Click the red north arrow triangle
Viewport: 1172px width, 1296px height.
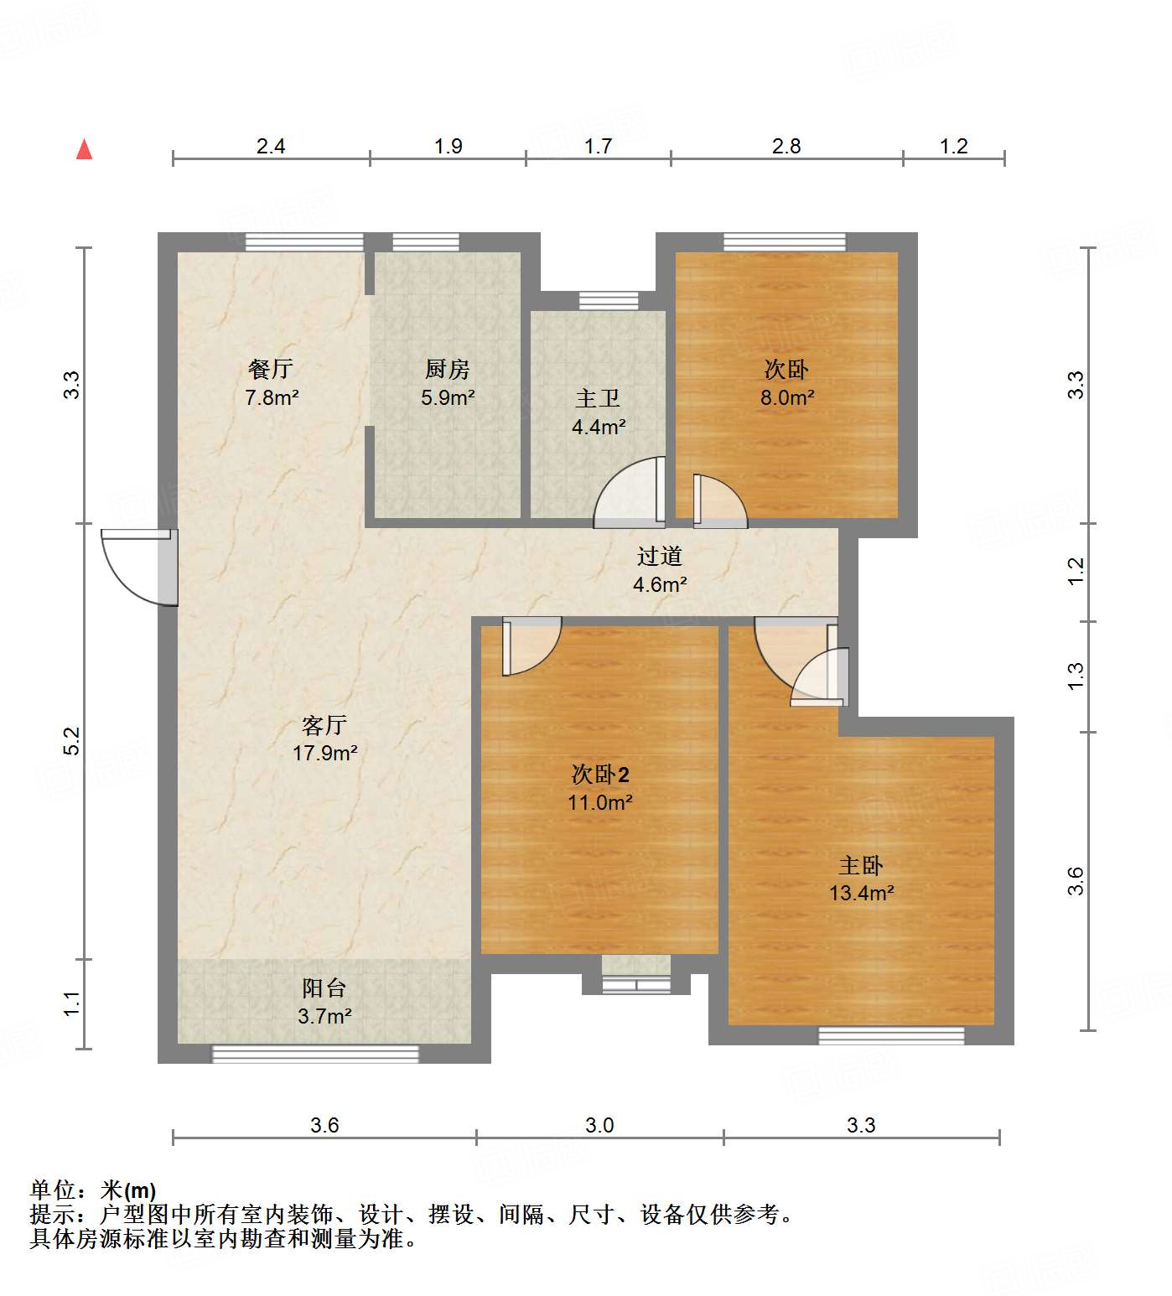[x=84, y=150]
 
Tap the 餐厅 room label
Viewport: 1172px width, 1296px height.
[x=271, y=369]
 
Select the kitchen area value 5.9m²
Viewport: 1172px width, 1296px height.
[x=448, y=397]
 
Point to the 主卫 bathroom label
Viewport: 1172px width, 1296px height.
[x=598, y=398]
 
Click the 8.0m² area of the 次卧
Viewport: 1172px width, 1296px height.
[x=787, y=397]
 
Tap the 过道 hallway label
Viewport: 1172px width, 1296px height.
[x=660, y=556]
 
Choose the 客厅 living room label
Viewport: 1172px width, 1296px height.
[x=324, y=724]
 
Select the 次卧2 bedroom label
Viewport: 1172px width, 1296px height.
[x=599, y=774]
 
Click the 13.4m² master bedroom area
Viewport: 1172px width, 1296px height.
[x=862, y=893]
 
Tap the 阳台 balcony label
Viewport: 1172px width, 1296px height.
[x=324, y=988]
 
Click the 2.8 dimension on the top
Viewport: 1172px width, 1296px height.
[x=786, y=147]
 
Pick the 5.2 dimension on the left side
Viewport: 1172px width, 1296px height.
[x=72, y=741]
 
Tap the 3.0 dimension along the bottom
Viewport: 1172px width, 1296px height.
[x=599, y=1125]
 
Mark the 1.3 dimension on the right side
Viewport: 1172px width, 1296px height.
[x=1076, y=677]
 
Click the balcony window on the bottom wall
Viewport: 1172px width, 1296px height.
[x=315, y=1054]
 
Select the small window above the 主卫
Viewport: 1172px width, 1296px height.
[x=609, y=300]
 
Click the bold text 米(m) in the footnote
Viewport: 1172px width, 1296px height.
[x=128, y=1190]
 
